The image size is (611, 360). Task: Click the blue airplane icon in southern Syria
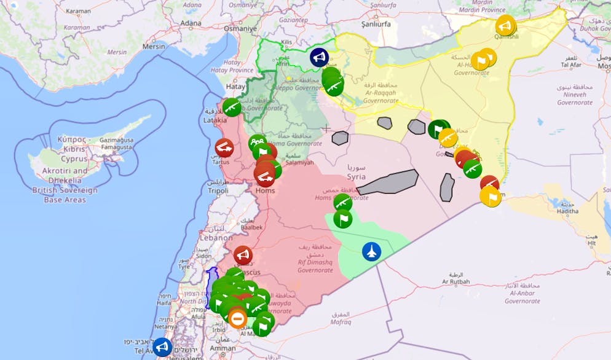click(371, 251)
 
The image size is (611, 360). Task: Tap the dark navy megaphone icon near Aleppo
click(318, 58)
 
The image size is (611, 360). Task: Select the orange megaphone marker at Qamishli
click(505, 26)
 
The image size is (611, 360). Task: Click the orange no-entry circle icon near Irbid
click(237, 318)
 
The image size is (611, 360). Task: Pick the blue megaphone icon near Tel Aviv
click(162, 347)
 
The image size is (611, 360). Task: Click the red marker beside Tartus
click(224, 147)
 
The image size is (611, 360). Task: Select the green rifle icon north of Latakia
click(231, 108)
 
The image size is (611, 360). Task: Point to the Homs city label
click(265, 190)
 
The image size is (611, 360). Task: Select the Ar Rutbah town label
click(455, 281)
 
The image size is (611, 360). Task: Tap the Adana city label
click(191, 23)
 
